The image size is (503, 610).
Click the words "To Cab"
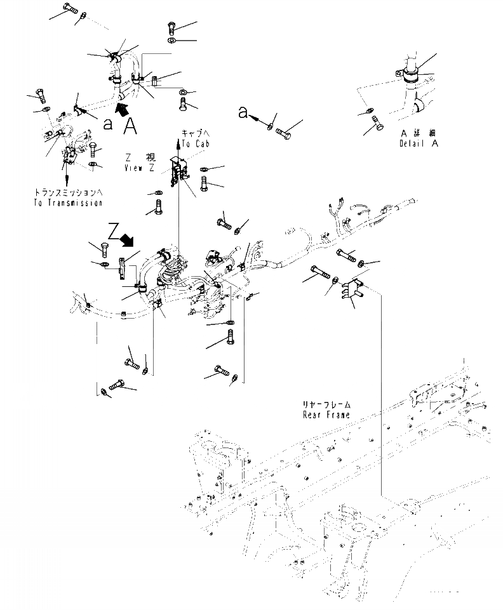pos(194,145)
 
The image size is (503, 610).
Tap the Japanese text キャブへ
pos(194,134)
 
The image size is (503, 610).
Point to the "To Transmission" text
pos(66,202)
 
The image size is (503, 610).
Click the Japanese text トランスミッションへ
pos(66,192)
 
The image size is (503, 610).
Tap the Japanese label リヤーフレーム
pos(327,404)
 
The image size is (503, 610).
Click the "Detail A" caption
pos(419,143)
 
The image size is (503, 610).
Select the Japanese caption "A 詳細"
pos(419,133)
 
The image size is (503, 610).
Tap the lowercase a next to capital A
pos(109,124)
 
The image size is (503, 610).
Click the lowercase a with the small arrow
pos(243,112)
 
